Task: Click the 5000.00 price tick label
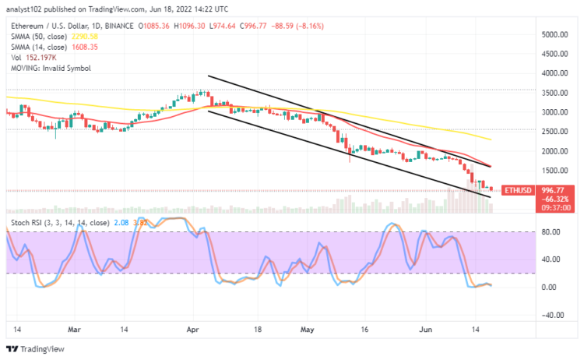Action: coord(554,35)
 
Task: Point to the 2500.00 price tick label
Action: coord(554,132)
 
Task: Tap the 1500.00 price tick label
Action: coord(554,171)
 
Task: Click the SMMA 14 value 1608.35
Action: coord(82,47)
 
